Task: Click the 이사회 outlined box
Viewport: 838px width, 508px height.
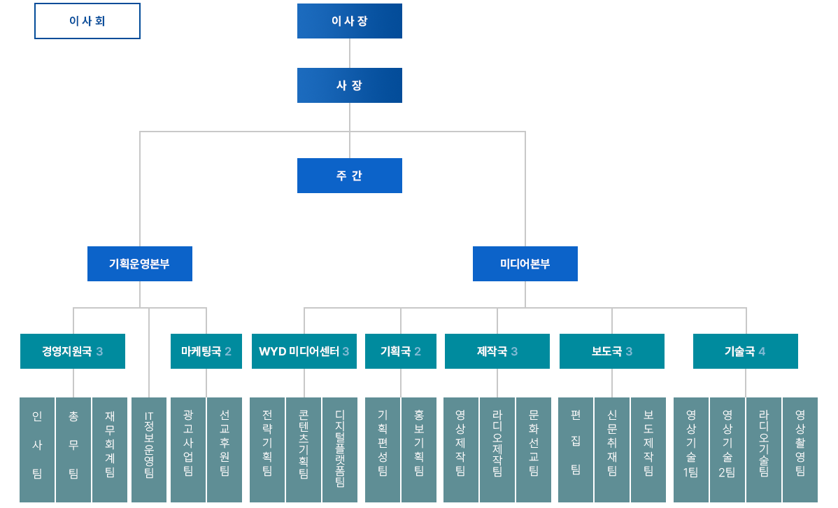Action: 87,21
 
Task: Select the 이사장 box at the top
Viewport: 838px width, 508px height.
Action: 350,21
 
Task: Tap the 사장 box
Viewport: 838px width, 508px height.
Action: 350,85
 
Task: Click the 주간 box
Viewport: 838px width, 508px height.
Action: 350,176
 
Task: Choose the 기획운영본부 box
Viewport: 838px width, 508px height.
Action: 140,264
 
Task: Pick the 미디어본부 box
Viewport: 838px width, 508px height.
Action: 525,264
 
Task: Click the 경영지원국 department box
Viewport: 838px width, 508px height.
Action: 73,351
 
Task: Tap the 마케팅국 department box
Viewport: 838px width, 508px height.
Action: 206,351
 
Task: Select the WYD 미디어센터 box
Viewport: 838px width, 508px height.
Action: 304,351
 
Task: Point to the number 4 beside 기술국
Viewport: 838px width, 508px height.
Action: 762,351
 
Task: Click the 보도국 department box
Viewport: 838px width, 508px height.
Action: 612,351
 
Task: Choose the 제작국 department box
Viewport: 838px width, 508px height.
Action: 497,351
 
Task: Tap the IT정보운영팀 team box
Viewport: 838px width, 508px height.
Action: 149,449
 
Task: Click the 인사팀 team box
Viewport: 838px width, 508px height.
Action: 37,449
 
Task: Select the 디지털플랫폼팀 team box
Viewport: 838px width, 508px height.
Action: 340,449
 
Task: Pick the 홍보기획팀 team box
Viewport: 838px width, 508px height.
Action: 419,449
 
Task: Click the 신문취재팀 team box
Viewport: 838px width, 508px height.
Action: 612,449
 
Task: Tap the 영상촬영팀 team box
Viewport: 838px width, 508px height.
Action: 800,449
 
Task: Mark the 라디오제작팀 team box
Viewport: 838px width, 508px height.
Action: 497,449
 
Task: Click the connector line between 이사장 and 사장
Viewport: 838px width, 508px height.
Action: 350,53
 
